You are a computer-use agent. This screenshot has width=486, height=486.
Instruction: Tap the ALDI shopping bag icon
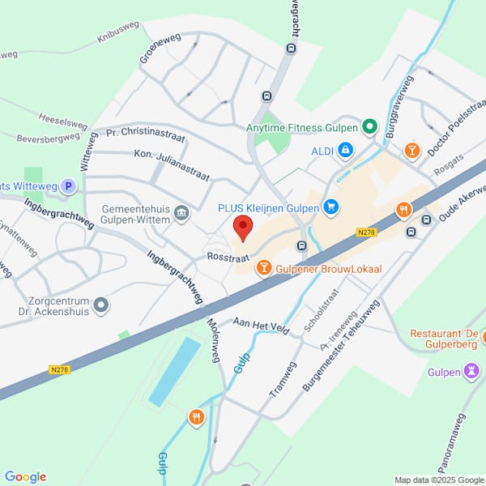click(x=346, y=150)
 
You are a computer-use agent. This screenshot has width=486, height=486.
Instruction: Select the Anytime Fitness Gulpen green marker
click(x=369, y=127)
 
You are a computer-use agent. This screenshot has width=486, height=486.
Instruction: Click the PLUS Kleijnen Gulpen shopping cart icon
click(x=330, y=207)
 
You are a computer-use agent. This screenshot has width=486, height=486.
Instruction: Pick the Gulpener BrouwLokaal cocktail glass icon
click(x=263, y=267)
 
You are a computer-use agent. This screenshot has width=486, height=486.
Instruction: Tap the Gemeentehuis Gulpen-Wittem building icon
click(x=181, y=214)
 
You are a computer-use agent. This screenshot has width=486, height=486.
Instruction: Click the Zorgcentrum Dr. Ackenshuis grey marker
click(x=101, y=305)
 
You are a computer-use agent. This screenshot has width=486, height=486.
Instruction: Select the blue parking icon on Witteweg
click(x=69, y=186)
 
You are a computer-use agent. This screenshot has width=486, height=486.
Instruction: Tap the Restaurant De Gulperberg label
click(x=443, y=340)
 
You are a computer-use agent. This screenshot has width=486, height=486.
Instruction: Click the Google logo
click(x=25, y=477)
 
